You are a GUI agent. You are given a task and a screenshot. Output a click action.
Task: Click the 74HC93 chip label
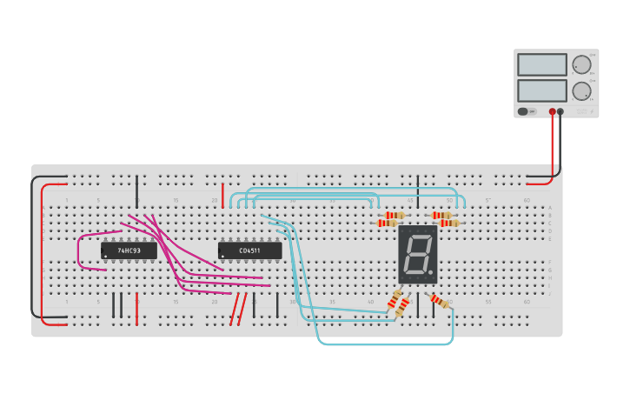coord(129,250)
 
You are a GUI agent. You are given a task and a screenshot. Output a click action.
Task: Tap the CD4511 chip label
coord(249,250)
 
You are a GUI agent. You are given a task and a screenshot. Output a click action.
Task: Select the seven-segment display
coord(418,254)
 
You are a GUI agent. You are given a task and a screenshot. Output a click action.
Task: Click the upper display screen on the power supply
coord(542,64)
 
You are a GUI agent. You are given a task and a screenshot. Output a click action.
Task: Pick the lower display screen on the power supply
coord(542,90)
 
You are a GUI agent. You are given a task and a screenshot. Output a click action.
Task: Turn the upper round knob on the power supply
coord(581,64)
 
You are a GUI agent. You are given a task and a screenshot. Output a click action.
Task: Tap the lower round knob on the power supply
coord(581,90)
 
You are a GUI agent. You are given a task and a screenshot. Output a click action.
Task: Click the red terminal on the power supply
coord(552,111)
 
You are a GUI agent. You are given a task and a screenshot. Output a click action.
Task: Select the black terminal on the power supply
coord(560,111)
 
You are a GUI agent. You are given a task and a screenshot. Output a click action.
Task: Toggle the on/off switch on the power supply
coord(523,111)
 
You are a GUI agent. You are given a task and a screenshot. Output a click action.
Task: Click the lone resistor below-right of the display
coord(440,301)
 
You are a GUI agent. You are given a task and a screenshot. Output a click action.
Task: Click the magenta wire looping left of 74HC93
coord(79,251)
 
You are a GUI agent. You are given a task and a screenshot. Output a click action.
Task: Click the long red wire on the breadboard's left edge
coord(42,252)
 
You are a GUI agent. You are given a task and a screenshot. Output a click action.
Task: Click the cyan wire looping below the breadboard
coord(382,344)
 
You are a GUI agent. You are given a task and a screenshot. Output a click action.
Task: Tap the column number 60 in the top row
coord(527,200)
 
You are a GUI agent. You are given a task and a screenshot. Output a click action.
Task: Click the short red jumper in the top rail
coord(222,194)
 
